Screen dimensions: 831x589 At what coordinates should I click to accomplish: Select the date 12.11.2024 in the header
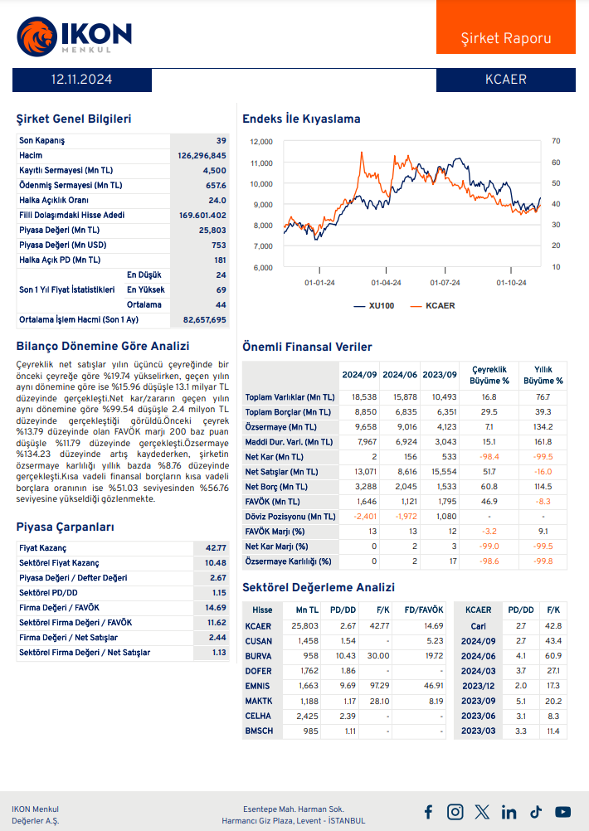(81, 80)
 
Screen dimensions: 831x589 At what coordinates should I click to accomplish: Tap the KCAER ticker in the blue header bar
(505, 80)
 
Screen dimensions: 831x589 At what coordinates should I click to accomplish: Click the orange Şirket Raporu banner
(505, 38)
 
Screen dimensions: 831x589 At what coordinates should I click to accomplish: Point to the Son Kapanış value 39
(221, 141)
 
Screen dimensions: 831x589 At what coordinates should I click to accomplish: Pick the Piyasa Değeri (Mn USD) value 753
(218, 245)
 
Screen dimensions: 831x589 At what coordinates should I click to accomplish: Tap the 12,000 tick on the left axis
(261, 142)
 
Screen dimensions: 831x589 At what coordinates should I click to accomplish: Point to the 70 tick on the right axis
(556, 141)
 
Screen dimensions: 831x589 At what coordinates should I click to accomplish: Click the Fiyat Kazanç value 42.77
(216, 548)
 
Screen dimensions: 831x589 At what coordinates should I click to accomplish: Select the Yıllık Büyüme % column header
(543, 376)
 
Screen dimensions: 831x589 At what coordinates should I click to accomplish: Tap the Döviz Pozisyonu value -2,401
(365, 517)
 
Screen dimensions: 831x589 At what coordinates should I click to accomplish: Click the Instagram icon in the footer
(455, 812)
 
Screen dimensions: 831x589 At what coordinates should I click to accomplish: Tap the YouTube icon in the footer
(563, 812)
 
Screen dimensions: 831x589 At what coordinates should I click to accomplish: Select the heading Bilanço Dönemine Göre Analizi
(103, 346)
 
